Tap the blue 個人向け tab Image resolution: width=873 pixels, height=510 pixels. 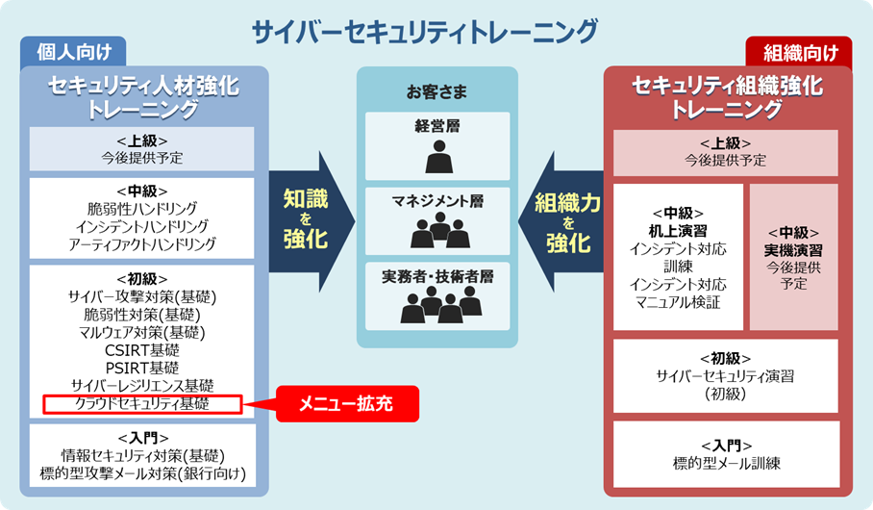pos(72,52)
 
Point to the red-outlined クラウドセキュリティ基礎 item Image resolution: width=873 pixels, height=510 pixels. pos(141,403)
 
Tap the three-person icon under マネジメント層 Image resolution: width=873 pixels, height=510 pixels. pos(437,232)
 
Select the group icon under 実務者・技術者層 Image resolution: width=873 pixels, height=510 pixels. pos(438,305)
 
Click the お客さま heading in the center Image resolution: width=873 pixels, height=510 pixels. pos(436,93)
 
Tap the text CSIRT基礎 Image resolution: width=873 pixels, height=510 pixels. pos(141,349)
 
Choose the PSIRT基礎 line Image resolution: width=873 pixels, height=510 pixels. pos(141,368)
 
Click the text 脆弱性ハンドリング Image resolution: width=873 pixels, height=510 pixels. pos(141,208)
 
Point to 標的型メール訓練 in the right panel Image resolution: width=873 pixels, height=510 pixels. pos(726,464)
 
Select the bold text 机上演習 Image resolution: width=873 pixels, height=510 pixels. pos(678,231)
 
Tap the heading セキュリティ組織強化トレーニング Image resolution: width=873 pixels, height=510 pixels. pos(727,97)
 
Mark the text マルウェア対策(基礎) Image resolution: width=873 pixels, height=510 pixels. pos(141,332)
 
